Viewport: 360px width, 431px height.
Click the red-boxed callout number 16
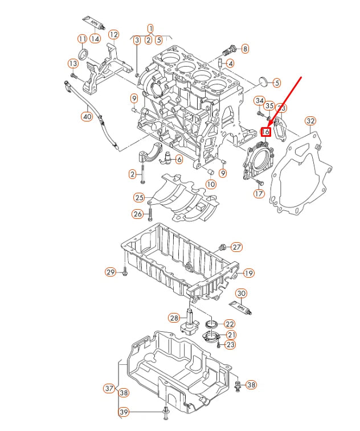(x=265, y=132)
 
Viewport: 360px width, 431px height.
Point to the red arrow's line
(x=285, y=103)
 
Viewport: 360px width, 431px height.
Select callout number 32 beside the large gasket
(x=310, y=121)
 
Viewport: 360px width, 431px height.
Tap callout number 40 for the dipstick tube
(x=86, y=117)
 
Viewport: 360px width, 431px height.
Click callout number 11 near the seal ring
(x=83, y=39)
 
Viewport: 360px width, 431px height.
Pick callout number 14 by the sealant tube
(x=95, y=39)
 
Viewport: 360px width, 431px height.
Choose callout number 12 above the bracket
(x=113, y=34)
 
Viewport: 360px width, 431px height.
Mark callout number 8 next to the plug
(x=245, y=49)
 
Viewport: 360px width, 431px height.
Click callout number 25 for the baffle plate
(x=139, y=198)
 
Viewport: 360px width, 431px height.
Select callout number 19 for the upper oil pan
(x=248, y=273)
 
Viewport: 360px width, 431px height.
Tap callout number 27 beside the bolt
(x=236, y=247)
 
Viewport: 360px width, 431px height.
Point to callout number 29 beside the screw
(x=111, y=273)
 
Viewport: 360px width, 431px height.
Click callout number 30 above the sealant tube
(x=241, y=294)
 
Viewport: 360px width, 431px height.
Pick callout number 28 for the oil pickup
(x=174, y=318)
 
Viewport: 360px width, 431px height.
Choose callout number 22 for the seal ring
(x=230, y=324)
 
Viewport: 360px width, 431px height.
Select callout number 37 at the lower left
(x=109, y=389)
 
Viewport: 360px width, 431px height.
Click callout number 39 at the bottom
(x=123, y=412)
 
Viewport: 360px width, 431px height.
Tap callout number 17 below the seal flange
(x=259, y=194)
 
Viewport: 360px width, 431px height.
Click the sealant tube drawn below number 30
(x=243, y=308)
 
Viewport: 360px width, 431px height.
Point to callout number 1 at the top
(x=150, y=28)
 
